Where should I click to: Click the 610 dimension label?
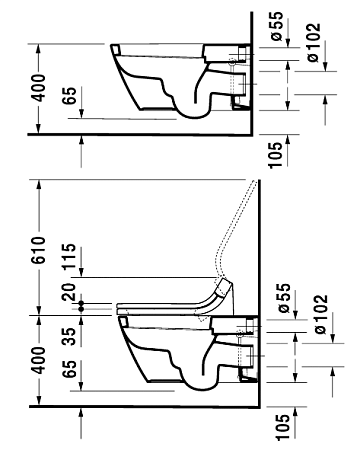(x=38, y=250)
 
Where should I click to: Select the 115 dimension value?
(x=70, y=256)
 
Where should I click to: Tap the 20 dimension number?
(x=70, y=292)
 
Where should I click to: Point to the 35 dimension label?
(x=70, y=336)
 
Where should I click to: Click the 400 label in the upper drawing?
(x=38, y=88)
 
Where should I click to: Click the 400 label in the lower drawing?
(x=38, y=360)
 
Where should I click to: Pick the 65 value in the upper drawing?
(x=70, y=96)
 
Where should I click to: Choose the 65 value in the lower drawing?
(x=70, y=368)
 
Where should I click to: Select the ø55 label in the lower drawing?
(x=284, y=298)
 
